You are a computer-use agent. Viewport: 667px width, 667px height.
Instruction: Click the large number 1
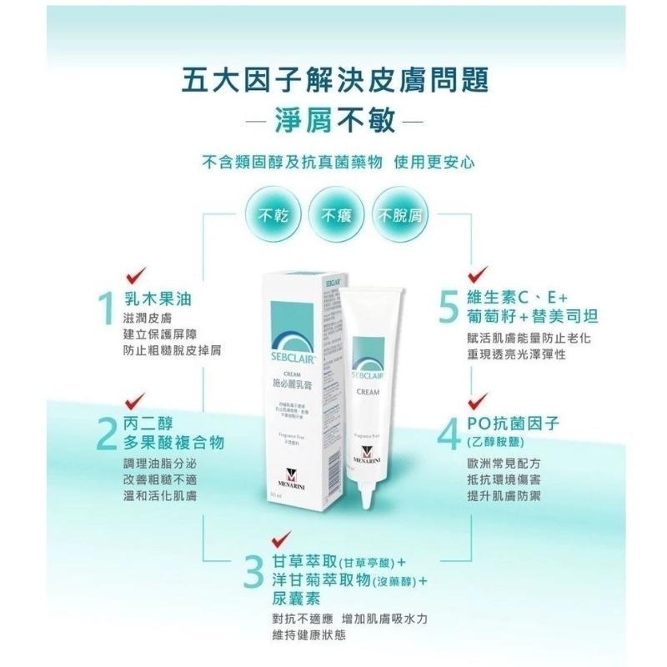coord(105,309)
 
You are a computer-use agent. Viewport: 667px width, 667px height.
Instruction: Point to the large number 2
coord(105,433)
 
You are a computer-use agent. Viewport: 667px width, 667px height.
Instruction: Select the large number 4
coord(450,433)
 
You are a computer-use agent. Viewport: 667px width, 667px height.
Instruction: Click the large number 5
coord(450,309)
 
